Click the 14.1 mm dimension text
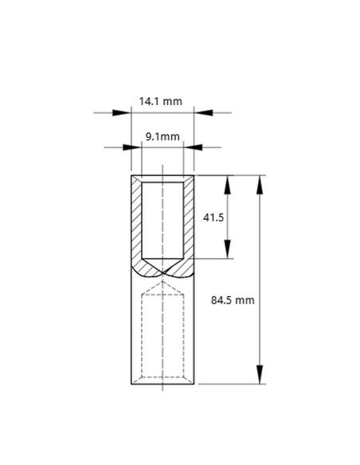161,101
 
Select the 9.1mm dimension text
162,137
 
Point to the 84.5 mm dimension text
233,300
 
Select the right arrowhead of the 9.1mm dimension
191,147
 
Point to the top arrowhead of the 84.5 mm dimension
260,184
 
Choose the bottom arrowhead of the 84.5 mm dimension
260,375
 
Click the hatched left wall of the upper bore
136,223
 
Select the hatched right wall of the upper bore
189,223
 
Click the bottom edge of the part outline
162,384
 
